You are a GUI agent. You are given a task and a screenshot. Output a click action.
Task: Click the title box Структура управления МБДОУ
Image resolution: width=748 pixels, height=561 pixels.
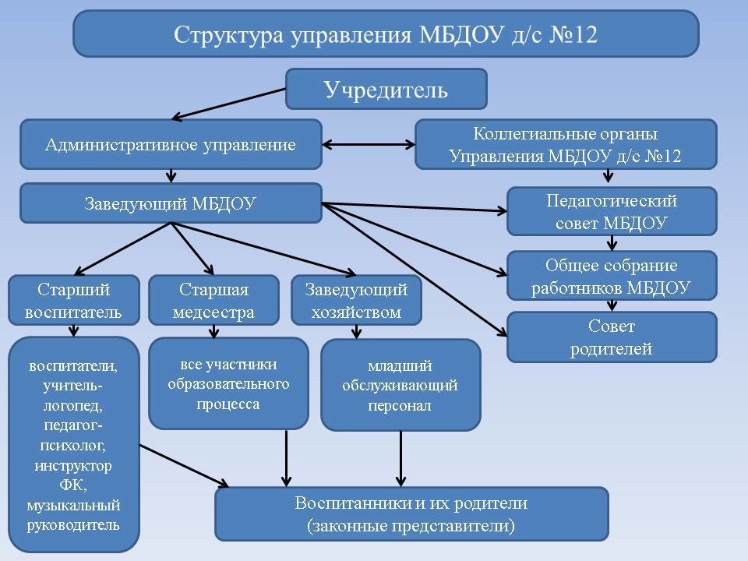[x=386, y=34]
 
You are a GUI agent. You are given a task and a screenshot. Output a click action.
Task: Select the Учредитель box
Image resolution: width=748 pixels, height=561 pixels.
[x=386, y=89]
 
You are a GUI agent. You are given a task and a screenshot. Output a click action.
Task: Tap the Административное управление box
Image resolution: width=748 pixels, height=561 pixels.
[x=171, y=144]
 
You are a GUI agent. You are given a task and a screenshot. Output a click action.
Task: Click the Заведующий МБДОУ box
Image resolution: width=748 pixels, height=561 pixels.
[x=171, y=203]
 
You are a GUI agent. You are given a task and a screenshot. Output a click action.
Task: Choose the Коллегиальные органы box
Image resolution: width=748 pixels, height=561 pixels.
[x=566, y=144]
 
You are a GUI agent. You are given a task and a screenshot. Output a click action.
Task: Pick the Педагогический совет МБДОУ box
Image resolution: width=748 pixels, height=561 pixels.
[x=612, y=211]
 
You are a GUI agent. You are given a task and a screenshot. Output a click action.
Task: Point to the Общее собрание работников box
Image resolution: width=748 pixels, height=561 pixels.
[x=612, y=276]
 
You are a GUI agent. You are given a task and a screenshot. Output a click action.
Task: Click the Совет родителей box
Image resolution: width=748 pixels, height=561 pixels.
[x=612, y=337]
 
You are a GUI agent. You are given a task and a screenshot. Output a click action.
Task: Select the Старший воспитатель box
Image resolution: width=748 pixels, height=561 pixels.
[x=74, y=300]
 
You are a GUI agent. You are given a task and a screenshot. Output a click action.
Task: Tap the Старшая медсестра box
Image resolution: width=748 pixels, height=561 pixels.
[x=213, y=300]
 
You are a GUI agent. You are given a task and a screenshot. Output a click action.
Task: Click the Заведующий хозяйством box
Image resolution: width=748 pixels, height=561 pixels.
[x=356, y=300]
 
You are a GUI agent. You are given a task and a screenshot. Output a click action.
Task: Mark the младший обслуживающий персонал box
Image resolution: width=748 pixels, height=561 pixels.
[x=400, y=385]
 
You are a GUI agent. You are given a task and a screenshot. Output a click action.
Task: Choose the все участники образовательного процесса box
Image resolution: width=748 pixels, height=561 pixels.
[x=228, y=383]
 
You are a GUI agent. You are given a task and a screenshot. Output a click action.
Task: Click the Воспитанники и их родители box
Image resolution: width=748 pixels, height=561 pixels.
[x=411, y=513]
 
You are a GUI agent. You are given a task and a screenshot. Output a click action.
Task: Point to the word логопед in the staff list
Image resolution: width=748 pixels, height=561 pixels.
[x=73, y=405]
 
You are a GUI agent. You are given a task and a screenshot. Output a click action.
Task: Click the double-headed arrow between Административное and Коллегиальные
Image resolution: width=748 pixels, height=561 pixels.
[x=369, y=144]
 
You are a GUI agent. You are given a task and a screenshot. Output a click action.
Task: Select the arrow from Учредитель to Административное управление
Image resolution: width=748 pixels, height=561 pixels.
[x=228, y=104]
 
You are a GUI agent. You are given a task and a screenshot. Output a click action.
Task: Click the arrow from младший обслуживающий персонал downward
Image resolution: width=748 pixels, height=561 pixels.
[x=400, y=459]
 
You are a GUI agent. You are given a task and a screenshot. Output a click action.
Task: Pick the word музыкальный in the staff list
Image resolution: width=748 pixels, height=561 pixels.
[x=73, y=506]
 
